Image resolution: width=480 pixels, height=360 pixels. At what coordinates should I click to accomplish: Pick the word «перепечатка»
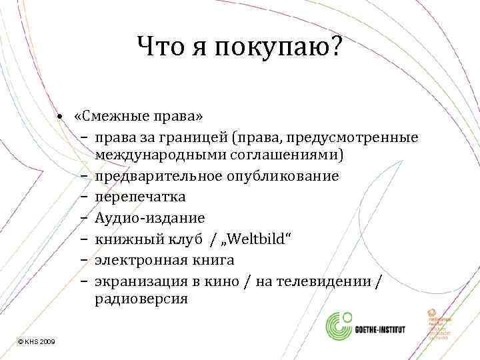click(140, 197)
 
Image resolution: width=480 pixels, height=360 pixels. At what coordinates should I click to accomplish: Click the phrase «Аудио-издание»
click(150, 217)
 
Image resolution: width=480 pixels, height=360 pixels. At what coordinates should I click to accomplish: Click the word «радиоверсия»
click(141, 299)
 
